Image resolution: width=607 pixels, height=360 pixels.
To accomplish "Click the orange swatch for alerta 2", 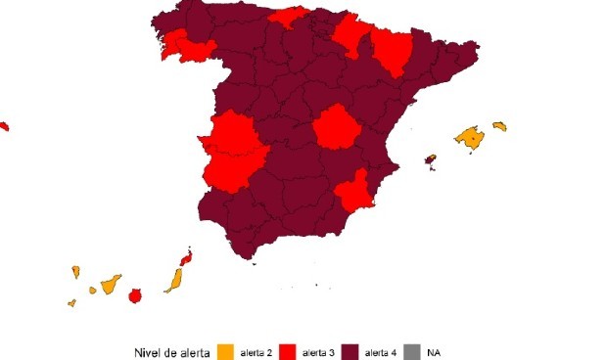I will pos(225,351).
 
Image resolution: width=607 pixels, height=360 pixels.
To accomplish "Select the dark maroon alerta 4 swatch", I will pos(350,351).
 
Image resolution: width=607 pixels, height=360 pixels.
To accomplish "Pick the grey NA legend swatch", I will pos(411,351).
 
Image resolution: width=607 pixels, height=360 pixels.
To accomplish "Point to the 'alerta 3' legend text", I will pos(318,351).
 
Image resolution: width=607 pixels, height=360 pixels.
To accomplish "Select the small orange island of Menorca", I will pos(499,126).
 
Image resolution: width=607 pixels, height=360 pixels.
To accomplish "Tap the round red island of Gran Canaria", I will pos(136,294).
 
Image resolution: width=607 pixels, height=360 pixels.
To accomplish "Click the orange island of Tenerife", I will pos(111,284).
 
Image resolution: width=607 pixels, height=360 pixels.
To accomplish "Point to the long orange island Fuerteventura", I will pos(173,281).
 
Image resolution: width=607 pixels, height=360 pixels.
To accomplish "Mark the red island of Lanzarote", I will pos(185,258).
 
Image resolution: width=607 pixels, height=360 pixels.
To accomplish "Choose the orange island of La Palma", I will pos(74,271).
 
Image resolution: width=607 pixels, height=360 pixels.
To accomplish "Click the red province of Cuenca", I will pos(336,128).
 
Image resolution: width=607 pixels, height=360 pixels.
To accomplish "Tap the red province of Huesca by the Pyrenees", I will pos(394,52).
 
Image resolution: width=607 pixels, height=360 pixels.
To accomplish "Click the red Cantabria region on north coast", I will pos(290,18).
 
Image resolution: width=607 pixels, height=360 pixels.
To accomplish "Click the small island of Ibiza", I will pos(430,158).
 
